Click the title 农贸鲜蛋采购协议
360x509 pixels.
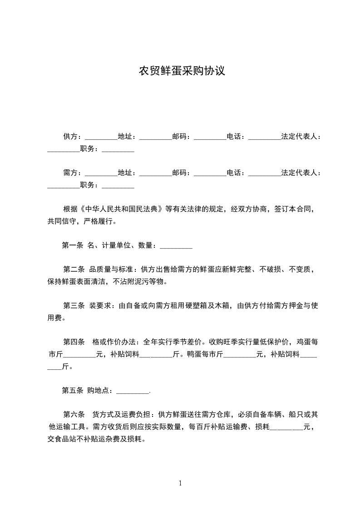tap(182, 72)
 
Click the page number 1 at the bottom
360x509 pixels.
tap(180, 483)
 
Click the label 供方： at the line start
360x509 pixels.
tap(72, 136)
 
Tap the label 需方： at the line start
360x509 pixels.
tap(72, 173)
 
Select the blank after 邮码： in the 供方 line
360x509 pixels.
tap(210, 137)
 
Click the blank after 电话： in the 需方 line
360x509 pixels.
tap(265, 174)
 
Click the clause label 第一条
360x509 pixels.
tap(72, 246)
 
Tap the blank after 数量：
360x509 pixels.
tap(176, 247)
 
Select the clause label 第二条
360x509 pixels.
tap(74, 269)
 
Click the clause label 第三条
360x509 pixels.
tap(74, 306)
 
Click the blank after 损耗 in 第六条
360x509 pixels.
tap(286, 428)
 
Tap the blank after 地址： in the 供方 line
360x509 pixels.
tap(155, 137)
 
